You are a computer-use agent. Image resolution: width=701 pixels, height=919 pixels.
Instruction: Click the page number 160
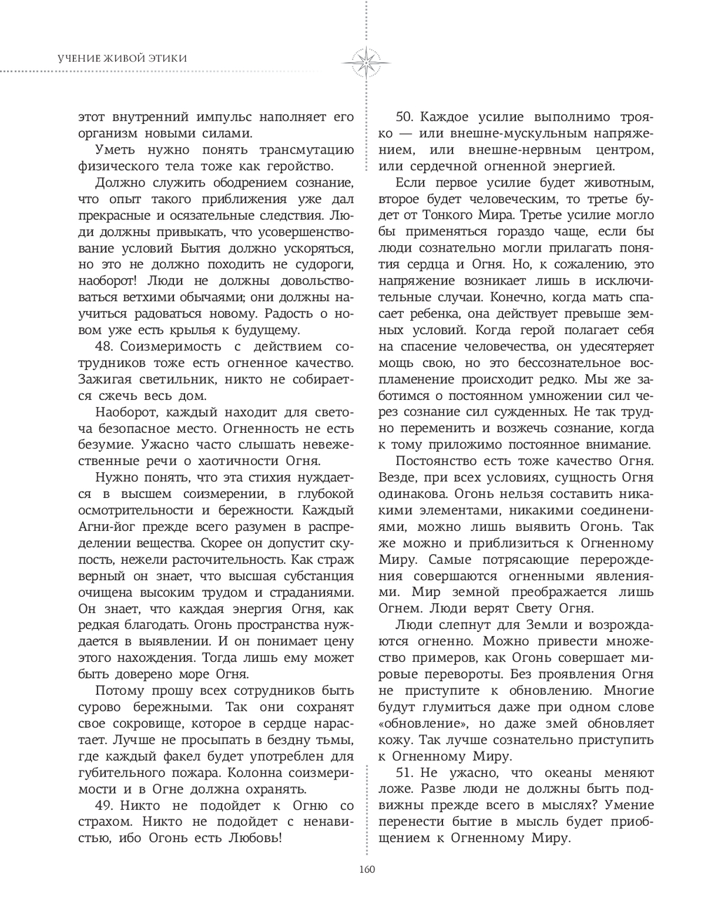pyautogui.click(x=366, y=869)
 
